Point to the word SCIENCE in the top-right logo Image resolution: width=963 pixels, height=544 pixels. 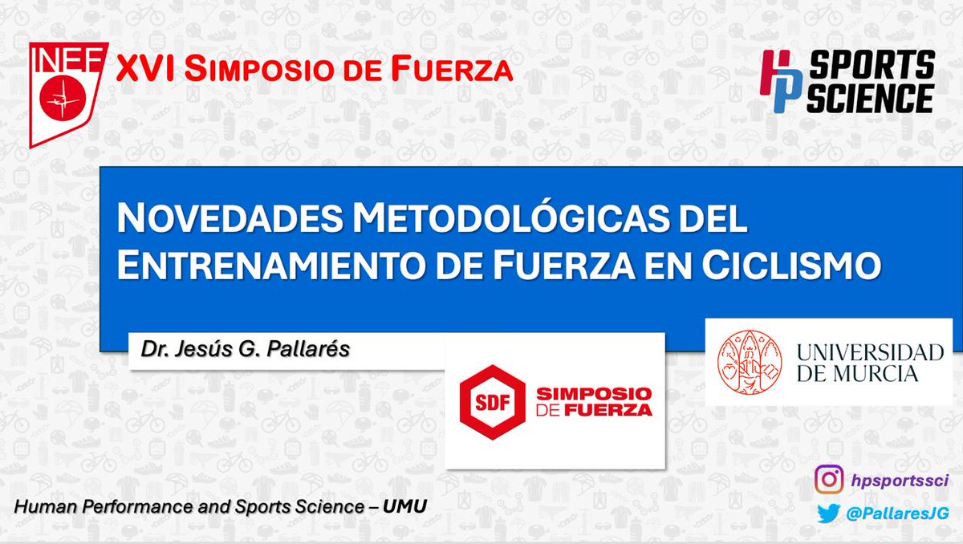[870, 98]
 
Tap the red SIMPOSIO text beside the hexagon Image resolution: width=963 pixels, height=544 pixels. [594, 393]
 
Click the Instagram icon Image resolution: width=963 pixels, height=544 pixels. [830, 480]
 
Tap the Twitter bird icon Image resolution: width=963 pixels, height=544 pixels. [830, 513]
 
